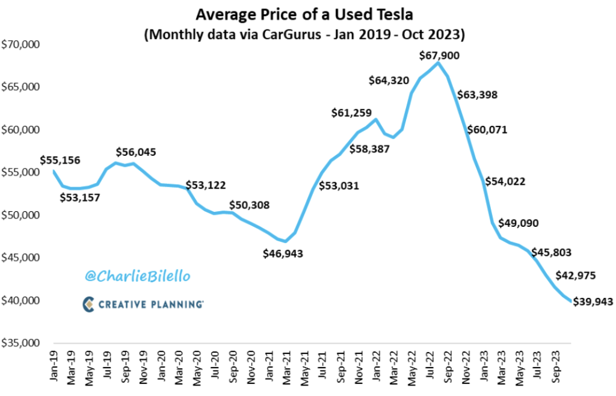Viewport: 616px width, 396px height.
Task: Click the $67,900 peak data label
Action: coord(439,55)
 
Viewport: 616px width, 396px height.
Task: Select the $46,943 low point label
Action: coord(283,253)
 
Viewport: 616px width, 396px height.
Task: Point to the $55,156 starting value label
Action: coord(60,160)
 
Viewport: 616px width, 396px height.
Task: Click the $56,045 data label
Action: coord(136,152)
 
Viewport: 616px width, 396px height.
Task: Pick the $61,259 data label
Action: coord(351,113)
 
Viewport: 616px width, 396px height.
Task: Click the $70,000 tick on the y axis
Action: coord(20,45)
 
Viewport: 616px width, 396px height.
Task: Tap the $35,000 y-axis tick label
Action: coord(20,344)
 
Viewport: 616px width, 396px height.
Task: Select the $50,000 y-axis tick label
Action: coord(20,215)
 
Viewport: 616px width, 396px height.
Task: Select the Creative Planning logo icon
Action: coord(89,304)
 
